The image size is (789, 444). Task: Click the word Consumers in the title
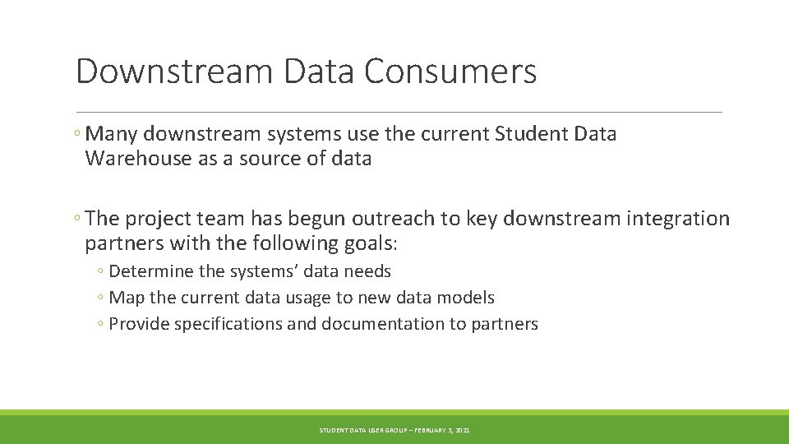tap(450, 72)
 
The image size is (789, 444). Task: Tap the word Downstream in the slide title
tap(173, 72)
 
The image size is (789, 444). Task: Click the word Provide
tap(139, 324)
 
